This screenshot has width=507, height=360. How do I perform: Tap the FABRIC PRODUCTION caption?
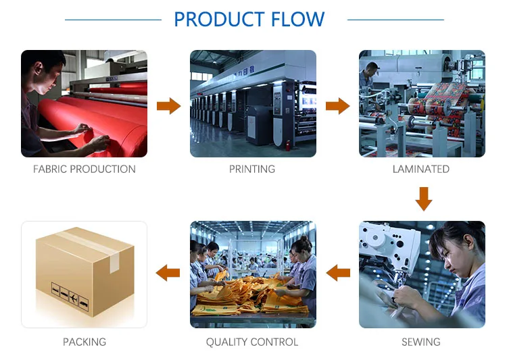84,169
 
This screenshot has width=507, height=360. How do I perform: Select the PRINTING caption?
252,169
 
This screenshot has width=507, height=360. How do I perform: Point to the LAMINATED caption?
420,169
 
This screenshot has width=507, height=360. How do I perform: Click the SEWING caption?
420,342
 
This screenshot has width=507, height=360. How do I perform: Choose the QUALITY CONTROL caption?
252,342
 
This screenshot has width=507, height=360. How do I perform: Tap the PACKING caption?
84,342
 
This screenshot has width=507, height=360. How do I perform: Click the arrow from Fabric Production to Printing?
168,105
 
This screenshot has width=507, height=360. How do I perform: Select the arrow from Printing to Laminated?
337,105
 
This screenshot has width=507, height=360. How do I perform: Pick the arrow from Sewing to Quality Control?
338,273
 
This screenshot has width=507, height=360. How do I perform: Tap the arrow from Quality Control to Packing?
168,273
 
